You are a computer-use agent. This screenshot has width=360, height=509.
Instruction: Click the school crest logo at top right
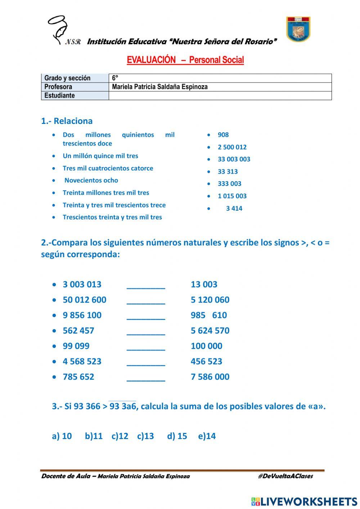coord(298,29)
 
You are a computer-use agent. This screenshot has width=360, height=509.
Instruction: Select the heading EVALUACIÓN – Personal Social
coord(185,60)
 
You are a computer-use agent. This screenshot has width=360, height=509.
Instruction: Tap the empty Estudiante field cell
coord(220,95)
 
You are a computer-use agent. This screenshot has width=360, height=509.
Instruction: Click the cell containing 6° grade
coord(220,78)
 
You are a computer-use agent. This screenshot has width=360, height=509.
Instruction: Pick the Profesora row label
coord(58,87)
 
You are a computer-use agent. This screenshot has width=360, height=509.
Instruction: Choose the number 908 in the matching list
coord(223,135)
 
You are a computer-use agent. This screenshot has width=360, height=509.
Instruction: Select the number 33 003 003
coord(234,159)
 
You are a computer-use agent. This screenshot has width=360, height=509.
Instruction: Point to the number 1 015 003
coord(232,196)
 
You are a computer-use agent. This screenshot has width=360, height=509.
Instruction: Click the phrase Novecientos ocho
coord(91,180)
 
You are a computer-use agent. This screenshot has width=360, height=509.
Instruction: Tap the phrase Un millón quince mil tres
coord(100,156)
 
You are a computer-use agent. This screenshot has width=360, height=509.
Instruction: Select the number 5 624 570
coord(210,331)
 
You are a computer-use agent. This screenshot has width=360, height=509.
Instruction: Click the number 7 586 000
coord(210,377)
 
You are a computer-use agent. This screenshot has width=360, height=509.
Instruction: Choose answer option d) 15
coord(177,436)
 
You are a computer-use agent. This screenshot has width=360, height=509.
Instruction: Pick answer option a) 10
coord(62,436)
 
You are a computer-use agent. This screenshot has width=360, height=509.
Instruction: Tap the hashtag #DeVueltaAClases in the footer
coord(285,476)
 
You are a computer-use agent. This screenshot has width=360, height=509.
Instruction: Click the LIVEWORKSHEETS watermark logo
coord(304,501)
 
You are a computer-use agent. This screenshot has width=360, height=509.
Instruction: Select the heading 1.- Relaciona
coord(67,121)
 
